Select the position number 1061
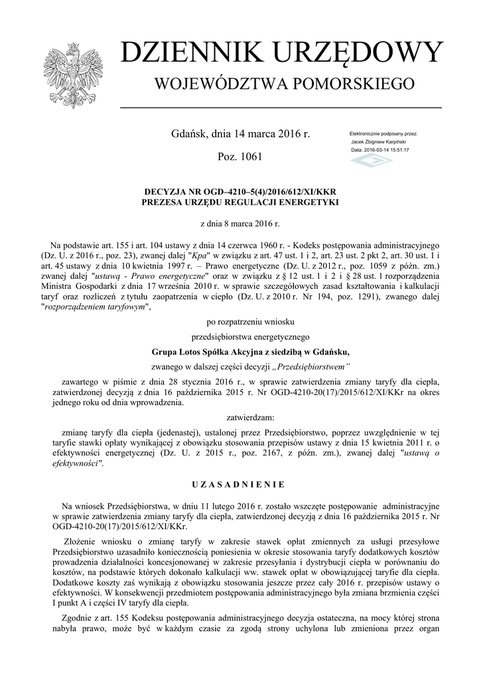click(249, 157)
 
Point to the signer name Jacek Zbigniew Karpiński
click(379, 142)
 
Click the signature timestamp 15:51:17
click(397, 150)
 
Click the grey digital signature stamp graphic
click(371, 161)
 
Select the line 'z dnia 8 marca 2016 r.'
click(240, 224)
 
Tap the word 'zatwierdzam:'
click(240, 418)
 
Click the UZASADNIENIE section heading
click(240, 485)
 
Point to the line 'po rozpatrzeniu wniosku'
click(240, 321)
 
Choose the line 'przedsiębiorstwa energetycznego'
click(240, 337)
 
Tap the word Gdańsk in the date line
click(188, 134)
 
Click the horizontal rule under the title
click(281, 107)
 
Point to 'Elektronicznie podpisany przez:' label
click(383, 134)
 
